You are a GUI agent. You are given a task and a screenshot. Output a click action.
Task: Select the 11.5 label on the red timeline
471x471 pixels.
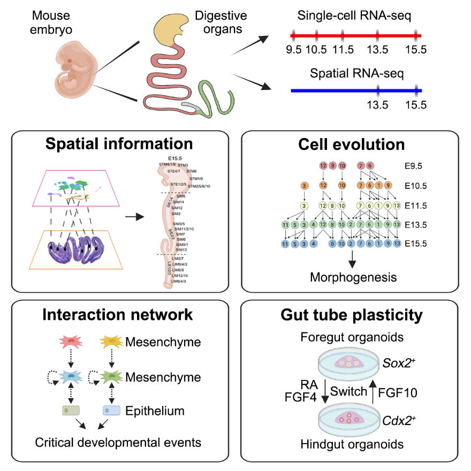(x=343, y=50)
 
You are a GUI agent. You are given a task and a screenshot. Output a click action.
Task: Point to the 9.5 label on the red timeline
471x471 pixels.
(x=294, y=50)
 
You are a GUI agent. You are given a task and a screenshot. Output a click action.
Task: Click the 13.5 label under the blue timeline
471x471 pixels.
(x=377, y=104)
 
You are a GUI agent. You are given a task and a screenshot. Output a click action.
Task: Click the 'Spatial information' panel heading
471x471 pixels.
(x=119, y=144)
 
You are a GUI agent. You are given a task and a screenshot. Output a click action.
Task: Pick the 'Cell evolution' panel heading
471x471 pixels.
(x=352, y=144)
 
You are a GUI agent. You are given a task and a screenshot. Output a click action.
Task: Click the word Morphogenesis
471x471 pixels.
(x=352, y=277)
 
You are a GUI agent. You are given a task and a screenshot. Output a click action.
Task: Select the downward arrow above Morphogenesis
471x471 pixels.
(x=352, y=259)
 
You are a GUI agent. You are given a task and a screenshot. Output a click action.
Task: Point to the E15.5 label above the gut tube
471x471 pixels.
(x=175, y=158)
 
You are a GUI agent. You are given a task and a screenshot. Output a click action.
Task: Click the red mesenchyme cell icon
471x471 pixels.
(x=74, y=341)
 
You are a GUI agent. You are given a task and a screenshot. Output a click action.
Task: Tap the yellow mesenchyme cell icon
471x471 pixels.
(x=112, y=341)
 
